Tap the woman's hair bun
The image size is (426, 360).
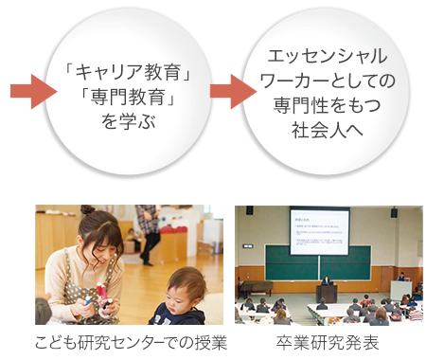coord(87,209)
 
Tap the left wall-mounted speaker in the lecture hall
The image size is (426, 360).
coord(249,210)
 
